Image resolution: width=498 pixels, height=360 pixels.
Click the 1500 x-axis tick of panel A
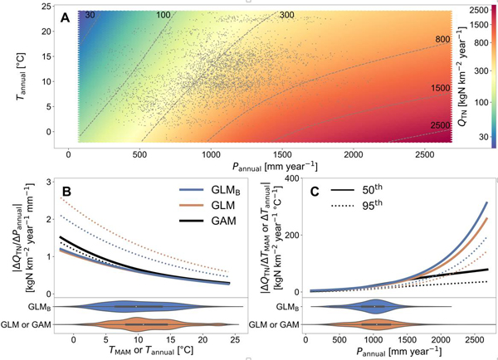coord(283,155)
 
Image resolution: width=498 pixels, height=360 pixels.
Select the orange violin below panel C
coord(378,323)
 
